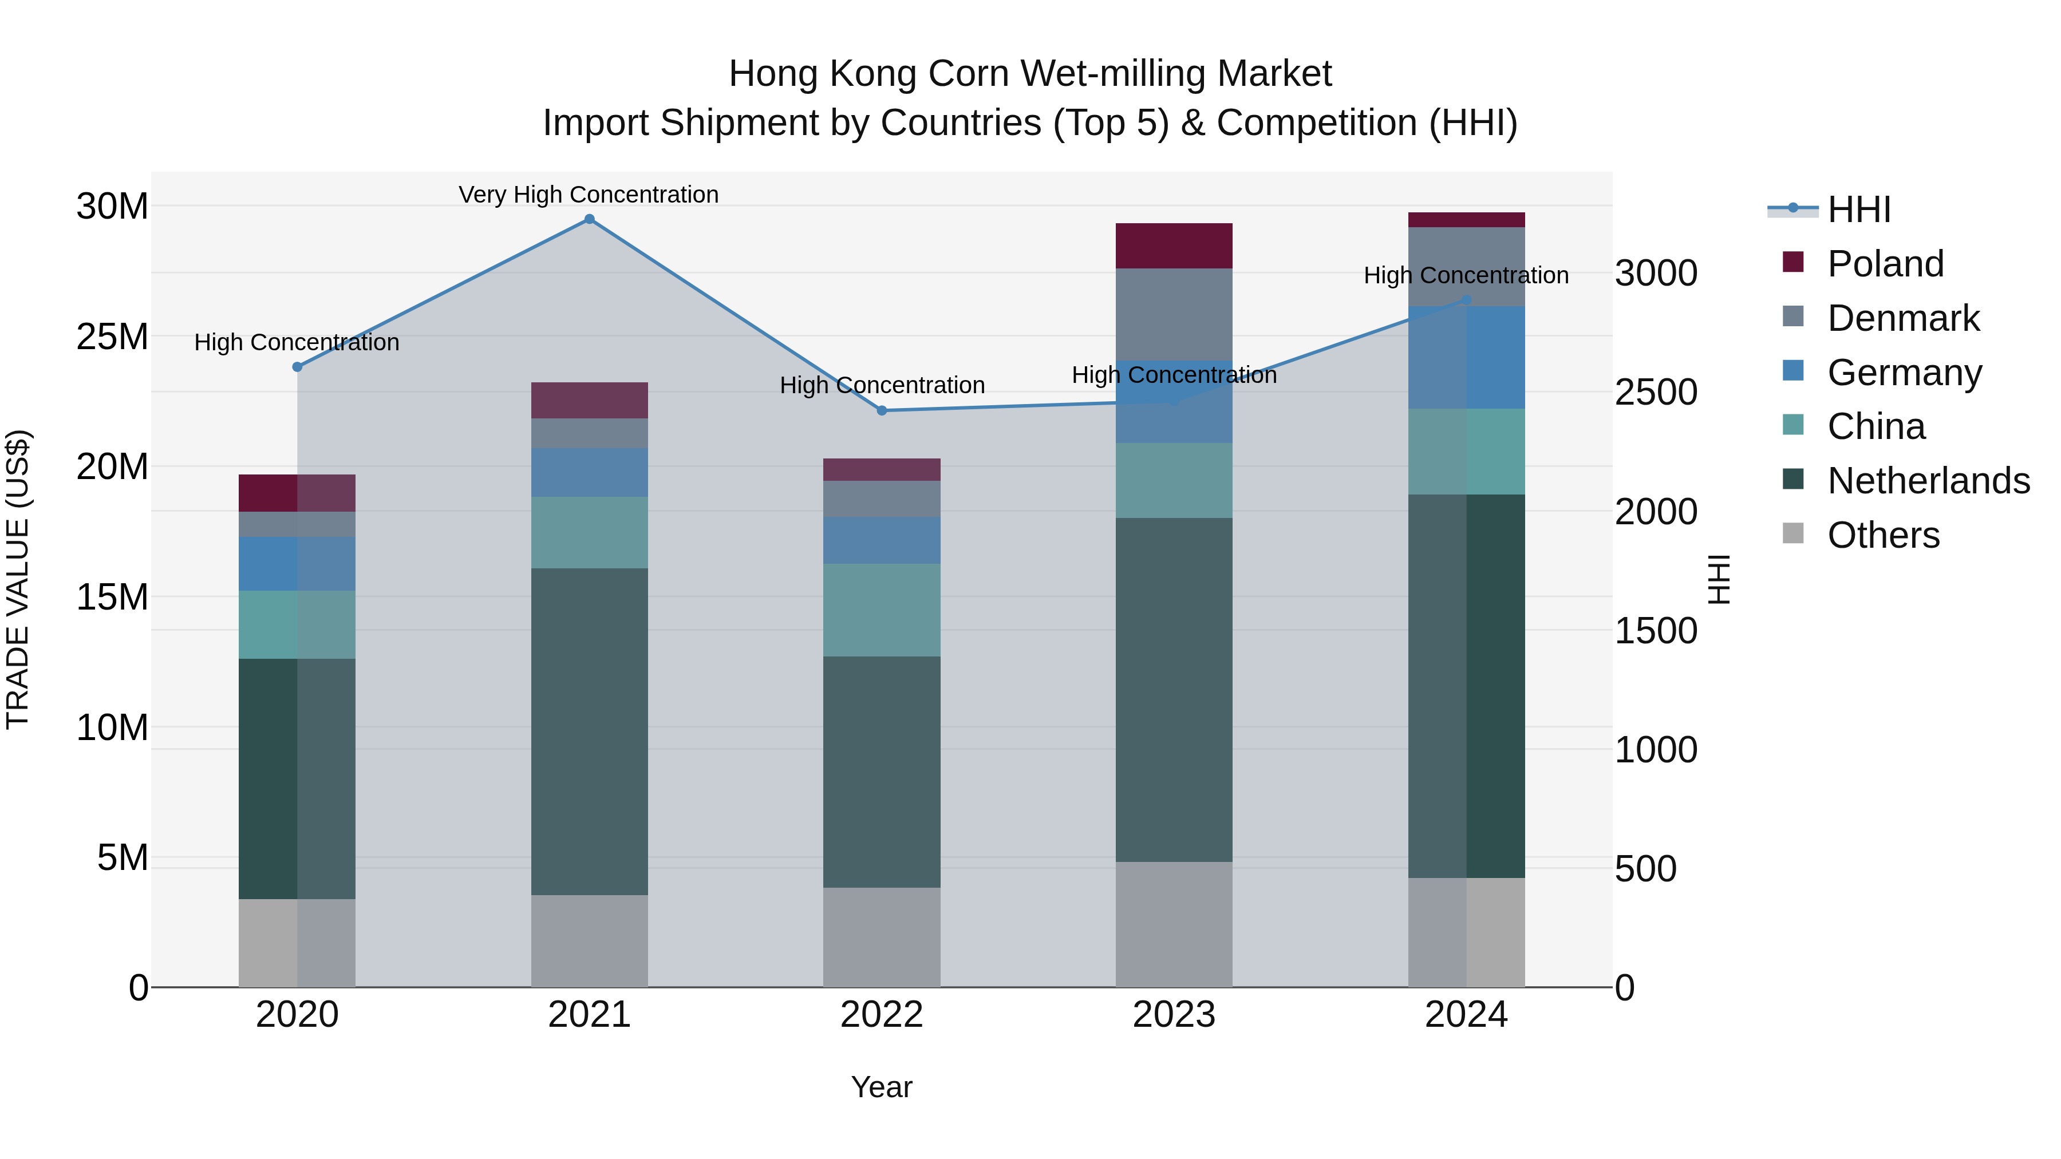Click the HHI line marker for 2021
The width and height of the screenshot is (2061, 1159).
tap(589, 219)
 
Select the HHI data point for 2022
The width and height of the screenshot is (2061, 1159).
tap(882, 410)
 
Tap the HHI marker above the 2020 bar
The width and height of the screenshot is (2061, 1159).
tap(297, 367)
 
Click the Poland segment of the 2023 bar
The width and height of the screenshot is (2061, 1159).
tap(1174, 246)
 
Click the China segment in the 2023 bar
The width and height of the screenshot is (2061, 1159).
tap(1174, 480)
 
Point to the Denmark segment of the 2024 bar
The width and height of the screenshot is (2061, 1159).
tap(1466, 256)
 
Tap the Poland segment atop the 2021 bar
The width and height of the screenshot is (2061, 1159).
tap(589, 400)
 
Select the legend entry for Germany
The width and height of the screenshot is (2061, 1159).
tap(1904, 373)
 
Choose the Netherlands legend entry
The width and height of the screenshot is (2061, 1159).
tap(1928, 481)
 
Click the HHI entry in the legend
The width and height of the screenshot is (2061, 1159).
tap(1858, 209)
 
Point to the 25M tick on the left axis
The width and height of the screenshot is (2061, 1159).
tap(112, 337)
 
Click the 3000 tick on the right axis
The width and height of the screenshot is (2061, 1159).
tap(1655, 274)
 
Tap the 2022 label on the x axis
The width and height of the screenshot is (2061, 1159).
tap(882, 1015)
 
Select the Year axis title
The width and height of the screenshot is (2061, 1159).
tap(881, 1087)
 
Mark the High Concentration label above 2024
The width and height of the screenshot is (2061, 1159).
tap(1466, 275)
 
